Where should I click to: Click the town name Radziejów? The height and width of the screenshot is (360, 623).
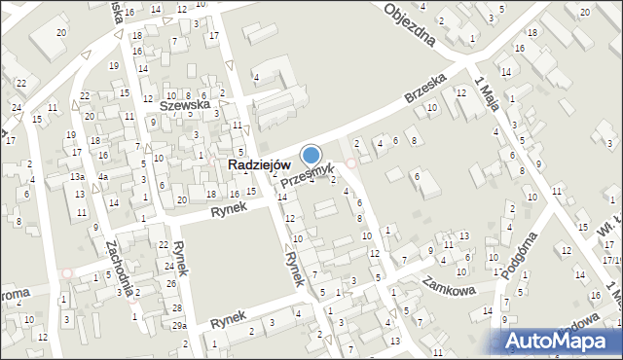[x=259, y=165]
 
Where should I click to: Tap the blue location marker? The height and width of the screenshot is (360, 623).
[x=311, y=155]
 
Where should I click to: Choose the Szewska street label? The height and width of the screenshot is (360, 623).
[x=185, y=102]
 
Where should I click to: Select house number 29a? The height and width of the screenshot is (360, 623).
[x=179, y=325]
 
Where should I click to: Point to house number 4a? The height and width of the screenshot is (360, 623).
[x=102, y=177]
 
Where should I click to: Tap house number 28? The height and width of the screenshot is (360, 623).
[x=176, y=307]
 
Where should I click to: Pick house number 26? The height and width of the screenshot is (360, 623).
[x=171, y=283]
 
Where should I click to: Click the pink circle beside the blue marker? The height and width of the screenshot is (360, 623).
[x=351, y=163]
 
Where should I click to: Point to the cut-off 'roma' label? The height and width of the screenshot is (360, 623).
[x=16, y=291]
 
